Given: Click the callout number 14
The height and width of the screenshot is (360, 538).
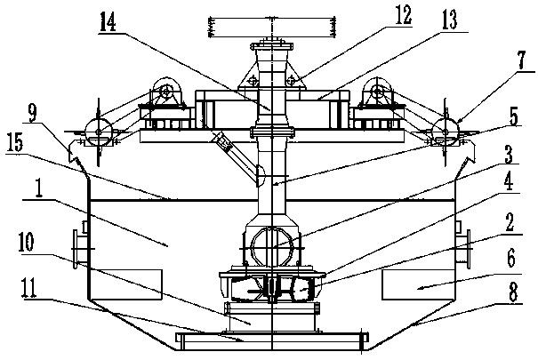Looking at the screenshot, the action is (108, 22).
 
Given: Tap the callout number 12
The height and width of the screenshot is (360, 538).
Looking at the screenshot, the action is (403, 15).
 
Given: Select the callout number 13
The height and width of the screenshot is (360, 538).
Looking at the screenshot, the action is (449, 20).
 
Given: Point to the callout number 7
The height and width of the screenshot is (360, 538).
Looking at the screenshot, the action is (521, 61).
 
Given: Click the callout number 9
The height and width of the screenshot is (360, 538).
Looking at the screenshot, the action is (32, 113).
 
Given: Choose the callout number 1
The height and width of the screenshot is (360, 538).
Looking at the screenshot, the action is (39, 188).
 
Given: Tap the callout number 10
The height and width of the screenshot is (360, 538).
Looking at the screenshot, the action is (27, 243).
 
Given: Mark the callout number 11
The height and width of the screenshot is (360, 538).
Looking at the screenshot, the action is (28, 288).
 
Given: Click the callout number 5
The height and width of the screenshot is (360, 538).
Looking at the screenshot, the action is (514, 116).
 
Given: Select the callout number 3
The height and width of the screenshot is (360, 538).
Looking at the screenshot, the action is (508, 155).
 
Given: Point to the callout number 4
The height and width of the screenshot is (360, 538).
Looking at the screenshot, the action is (509, 182).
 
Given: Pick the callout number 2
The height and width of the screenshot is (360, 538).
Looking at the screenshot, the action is (510, 222).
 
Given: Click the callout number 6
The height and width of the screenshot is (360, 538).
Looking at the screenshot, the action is (511, 259).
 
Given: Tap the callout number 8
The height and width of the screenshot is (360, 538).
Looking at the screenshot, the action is (513, 293).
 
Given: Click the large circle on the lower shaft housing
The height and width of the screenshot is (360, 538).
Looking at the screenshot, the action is (272, 247).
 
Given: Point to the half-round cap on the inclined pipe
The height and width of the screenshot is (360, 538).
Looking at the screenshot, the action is (261, 175).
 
